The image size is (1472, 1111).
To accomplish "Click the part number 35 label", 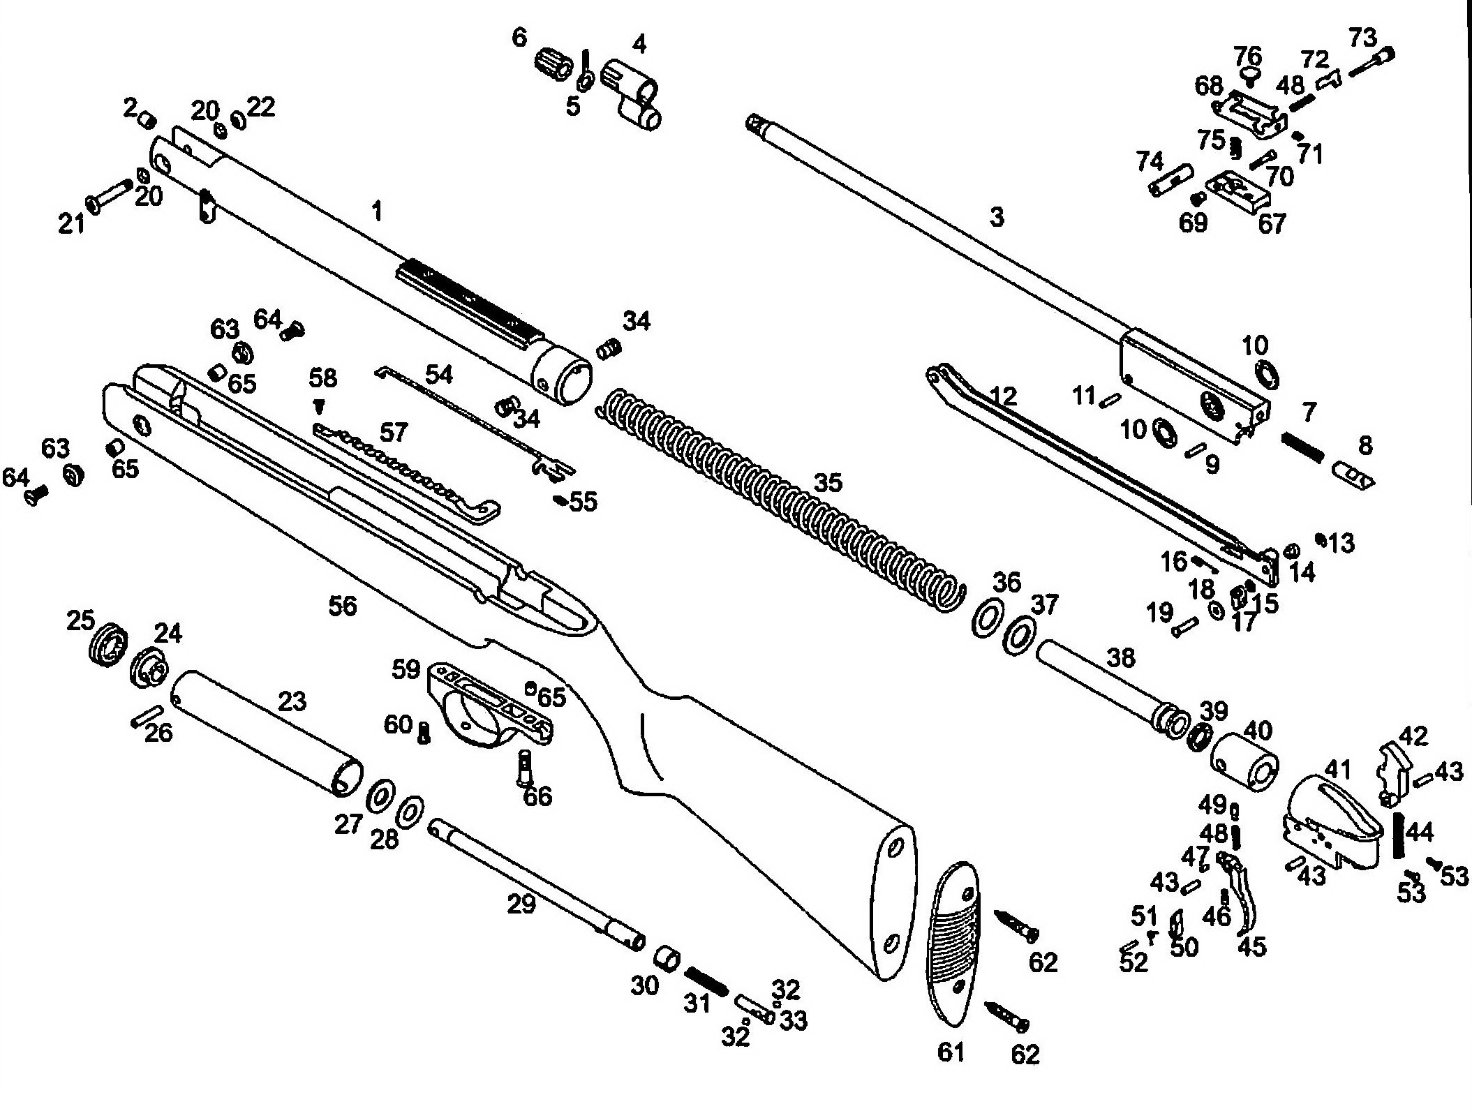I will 828,483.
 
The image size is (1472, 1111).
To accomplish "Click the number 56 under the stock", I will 342,606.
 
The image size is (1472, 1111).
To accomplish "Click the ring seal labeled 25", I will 107,643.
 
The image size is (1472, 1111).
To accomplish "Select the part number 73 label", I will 1362,38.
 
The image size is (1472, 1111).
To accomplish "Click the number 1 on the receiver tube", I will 377,210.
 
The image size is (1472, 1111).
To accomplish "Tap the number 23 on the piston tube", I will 292,701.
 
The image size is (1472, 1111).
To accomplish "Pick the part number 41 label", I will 1338,770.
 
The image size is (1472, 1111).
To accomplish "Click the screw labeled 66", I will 525,767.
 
